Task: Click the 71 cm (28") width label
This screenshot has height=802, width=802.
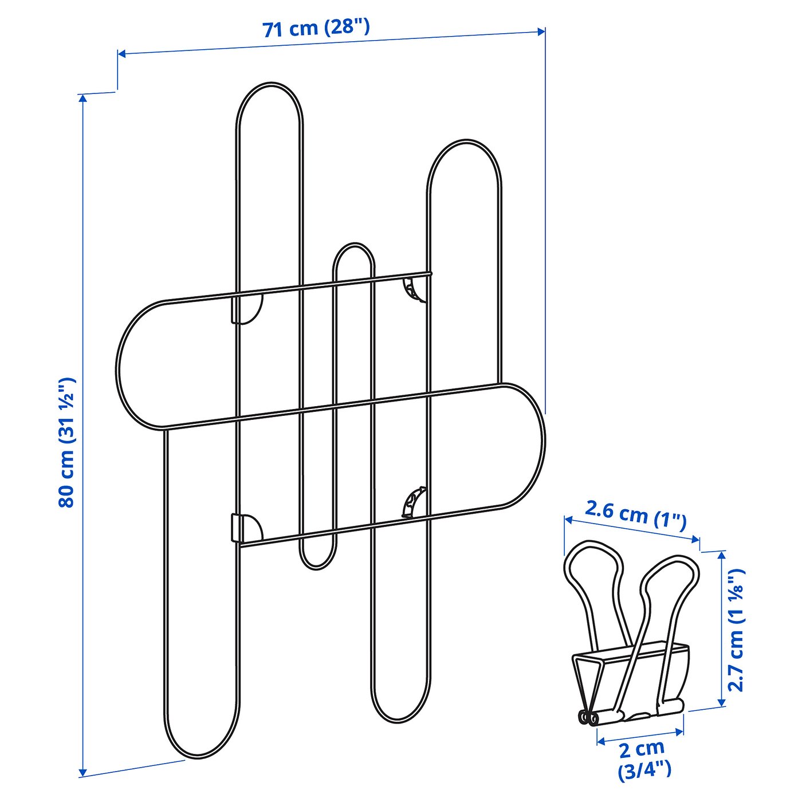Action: pos(316,29)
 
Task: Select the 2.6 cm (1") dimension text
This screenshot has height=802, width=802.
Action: pos(636,518)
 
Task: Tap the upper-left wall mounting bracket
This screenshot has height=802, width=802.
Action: pos(247,309)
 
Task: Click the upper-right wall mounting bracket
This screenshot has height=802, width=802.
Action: pos(414,289)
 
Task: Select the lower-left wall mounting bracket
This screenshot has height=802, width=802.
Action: pos(247,528)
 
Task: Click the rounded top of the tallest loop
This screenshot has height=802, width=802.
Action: pos(270,83)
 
